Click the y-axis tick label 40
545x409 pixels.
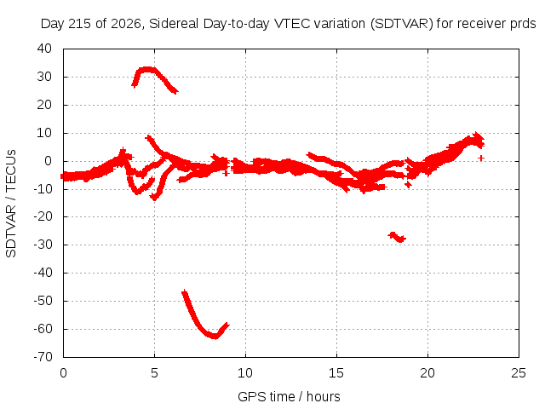(44, 49)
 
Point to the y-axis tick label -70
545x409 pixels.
(43, 356)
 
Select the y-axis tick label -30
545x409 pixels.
(43, 245)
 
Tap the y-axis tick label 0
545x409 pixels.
(48, 161)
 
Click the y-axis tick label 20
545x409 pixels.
(44, 104)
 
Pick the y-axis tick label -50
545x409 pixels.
(43, 301)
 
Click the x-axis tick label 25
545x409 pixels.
(519, 373)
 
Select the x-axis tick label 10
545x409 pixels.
(245, 373)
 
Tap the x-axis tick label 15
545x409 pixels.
(336, 373)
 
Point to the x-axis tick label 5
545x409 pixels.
(154, 373)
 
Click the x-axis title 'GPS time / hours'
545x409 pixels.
(289, 396)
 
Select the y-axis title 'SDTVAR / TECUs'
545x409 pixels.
(11, 204)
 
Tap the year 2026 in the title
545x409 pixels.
(126, 24)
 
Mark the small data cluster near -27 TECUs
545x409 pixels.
(397, 237)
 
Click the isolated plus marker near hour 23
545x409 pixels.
(481, 158)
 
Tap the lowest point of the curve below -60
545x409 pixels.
(215, 337)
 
